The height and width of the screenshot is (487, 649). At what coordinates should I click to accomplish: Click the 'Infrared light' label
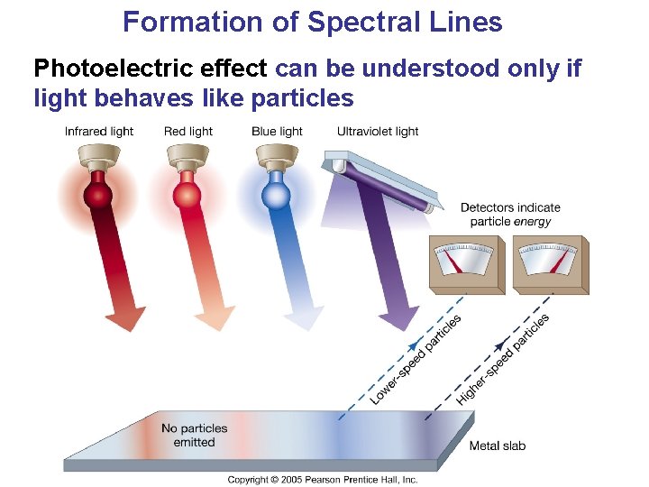click(x=99, y=132)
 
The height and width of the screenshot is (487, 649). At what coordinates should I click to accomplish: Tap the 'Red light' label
click(x=188, y=132)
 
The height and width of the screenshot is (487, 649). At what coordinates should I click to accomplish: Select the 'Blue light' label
click(x=277, y=132)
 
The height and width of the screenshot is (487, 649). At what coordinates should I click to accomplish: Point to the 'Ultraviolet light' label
click(x=378, y=132)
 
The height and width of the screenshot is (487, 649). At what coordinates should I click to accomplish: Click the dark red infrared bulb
click(x=97, y=193)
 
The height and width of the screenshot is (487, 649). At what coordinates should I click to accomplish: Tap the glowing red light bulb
click(x=187, y=193)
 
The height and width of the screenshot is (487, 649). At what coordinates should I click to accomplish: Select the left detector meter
click(x=466, y=264)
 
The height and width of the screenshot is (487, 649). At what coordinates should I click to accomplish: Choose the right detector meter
click(x=551, y=264)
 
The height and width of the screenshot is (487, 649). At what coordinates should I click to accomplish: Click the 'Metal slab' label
click(x=497, y=446)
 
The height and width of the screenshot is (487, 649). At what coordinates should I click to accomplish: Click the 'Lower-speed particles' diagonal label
click(x=416, y=360)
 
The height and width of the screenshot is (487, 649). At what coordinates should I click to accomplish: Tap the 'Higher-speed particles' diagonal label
click(x=503, y=360)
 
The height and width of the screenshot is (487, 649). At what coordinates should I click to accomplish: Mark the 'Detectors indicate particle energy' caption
click(x=510, y=215)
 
